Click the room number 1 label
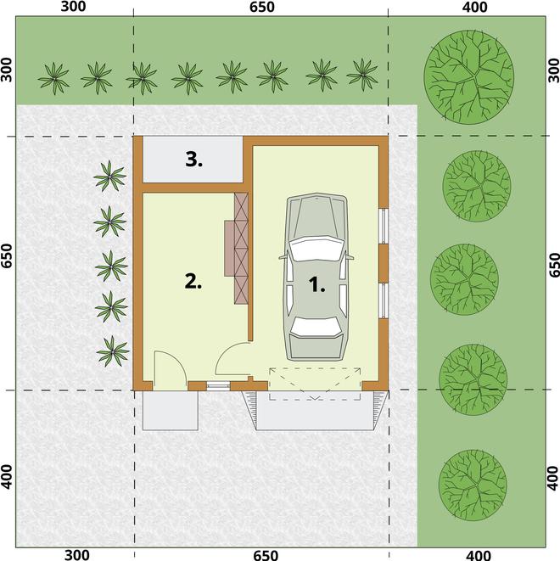click(316, 285)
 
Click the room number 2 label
click(193, 281)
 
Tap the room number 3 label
click(193, 160)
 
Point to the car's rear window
click(315, 328)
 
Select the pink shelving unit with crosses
click(241, 249)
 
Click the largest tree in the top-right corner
click(469, 77)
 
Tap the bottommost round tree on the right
click(473, 485)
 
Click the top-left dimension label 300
click(73, 7)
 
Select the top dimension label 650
click(262, 7)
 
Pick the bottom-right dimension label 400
click(479, 555)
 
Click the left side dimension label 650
click(7, 255)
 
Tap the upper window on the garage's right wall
click(384, 226)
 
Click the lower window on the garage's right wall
click(384, 300)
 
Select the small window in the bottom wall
click(218, 386)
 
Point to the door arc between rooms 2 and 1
click(226, 351)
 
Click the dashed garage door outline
click(315, 384)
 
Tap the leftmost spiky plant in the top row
click(53, 78)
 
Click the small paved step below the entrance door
click(171, 411)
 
